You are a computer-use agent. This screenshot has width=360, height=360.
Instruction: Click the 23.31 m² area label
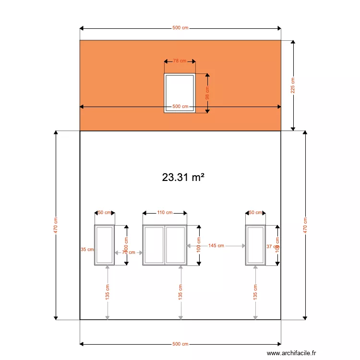183,177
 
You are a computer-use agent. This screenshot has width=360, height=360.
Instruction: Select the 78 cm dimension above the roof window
180,61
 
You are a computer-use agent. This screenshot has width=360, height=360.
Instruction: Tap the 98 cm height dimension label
207,94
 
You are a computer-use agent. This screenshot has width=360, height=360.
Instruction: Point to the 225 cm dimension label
293,85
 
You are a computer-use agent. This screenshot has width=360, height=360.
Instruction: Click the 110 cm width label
165,212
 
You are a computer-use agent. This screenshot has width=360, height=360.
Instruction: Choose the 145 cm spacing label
216,246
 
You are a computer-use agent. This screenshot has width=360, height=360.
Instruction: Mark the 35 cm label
87,250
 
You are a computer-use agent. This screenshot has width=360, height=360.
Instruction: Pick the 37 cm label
271,246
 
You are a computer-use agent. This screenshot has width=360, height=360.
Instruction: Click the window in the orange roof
180,93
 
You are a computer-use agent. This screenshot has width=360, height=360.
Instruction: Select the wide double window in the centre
165,245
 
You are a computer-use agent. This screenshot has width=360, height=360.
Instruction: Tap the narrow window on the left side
104,245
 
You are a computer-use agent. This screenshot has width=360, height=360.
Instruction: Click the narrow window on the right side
255,245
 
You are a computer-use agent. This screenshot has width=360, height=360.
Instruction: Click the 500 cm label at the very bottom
180,344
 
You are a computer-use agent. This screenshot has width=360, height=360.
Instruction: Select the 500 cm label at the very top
180,28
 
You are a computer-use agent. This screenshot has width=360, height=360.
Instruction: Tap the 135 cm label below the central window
180,291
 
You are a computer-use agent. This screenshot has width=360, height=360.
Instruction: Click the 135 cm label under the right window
255,291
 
